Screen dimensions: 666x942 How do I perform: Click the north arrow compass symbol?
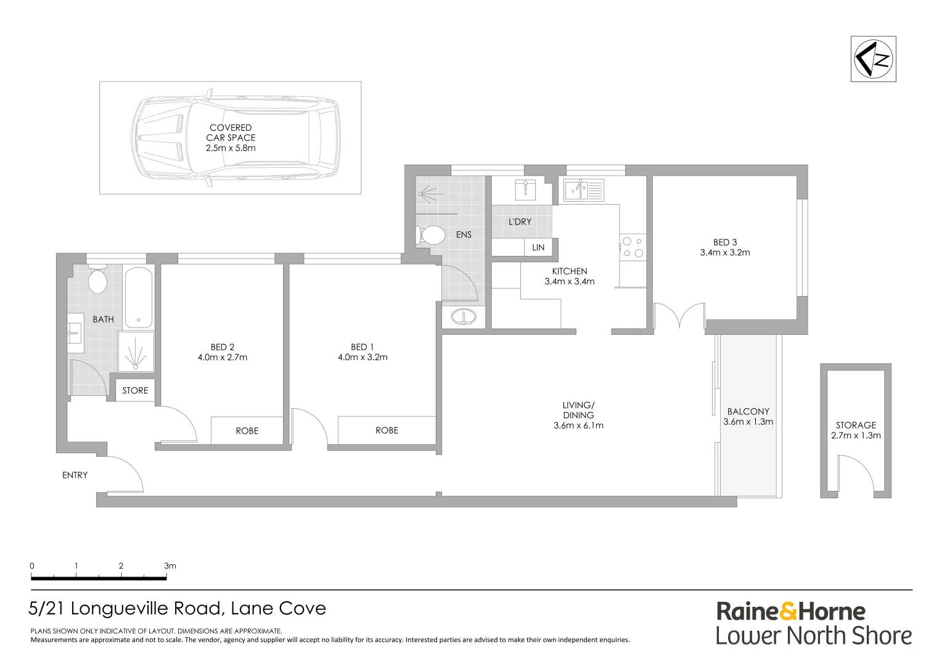[x=873, y=59]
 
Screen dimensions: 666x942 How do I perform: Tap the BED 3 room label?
[x=725, y=242]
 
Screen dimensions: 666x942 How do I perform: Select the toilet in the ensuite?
[x=432, y=235]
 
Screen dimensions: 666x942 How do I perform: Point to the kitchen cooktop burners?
[x=633, y=247]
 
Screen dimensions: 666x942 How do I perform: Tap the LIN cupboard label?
[x=538, y=247]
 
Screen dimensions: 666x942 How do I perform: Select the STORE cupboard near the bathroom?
[x=135, y=390]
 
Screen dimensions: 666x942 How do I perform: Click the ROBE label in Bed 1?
[x=387, y=430]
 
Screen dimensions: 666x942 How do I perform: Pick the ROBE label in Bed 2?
[x=247, y=430]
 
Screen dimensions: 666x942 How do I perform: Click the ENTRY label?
[x=75, y=475]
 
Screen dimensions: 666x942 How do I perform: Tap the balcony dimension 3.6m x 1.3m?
[x=748, y=422]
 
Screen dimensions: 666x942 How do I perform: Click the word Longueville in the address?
[x=146, y=609]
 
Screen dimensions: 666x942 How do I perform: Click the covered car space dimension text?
[x=231, y=148]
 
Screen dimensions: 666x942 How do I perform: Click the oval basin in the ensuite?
[x=462, y=318]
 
